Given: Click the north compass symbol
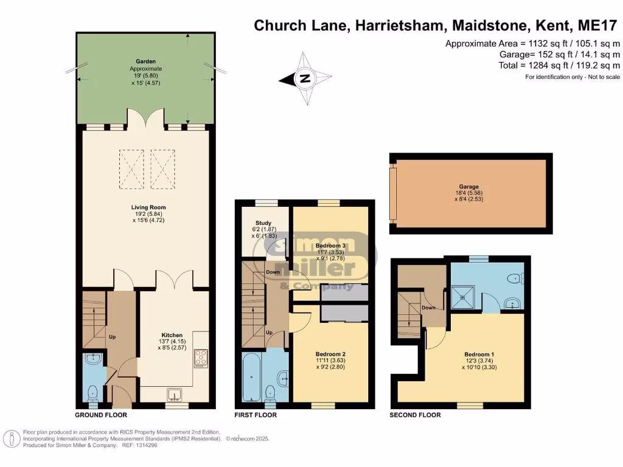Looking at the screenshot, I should tap(305, 78).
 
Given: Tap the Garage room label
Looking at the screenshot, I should tap(469, 187).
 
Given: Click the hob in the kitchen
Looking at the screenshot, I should tap(201, 359).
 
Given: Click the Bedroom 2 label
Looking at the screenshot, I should tap(330, 354).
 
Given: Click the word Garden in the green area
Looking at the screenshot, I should tap(146, 61).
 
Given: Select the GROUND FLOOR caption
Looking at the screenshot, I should tap(101, 415).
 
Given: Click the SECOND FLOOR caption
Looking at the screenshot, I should tap(415, 415).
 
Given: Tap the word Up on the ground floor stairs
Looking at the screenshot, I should tap(111, 336).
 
